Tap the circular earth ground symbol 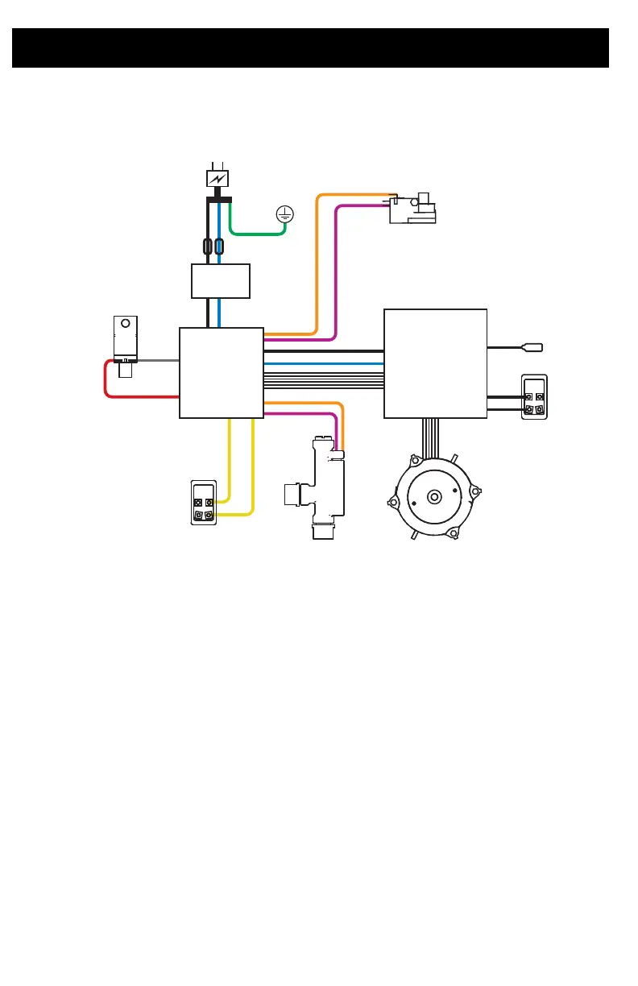coord(284,213)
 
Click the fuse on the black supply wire coord(209,246)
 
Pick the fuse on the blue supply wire coord(219,246)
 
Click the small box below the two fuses coord(221,280)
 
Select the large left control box coord(221,372)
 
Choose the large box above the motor coord(435,363)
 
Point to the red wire coord(121,396)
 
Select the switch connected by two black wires coord(534,397)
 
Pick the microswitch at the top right coord(412,209)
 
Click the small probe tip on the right coord(533,348)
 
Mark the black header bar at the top coord(310,48)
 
